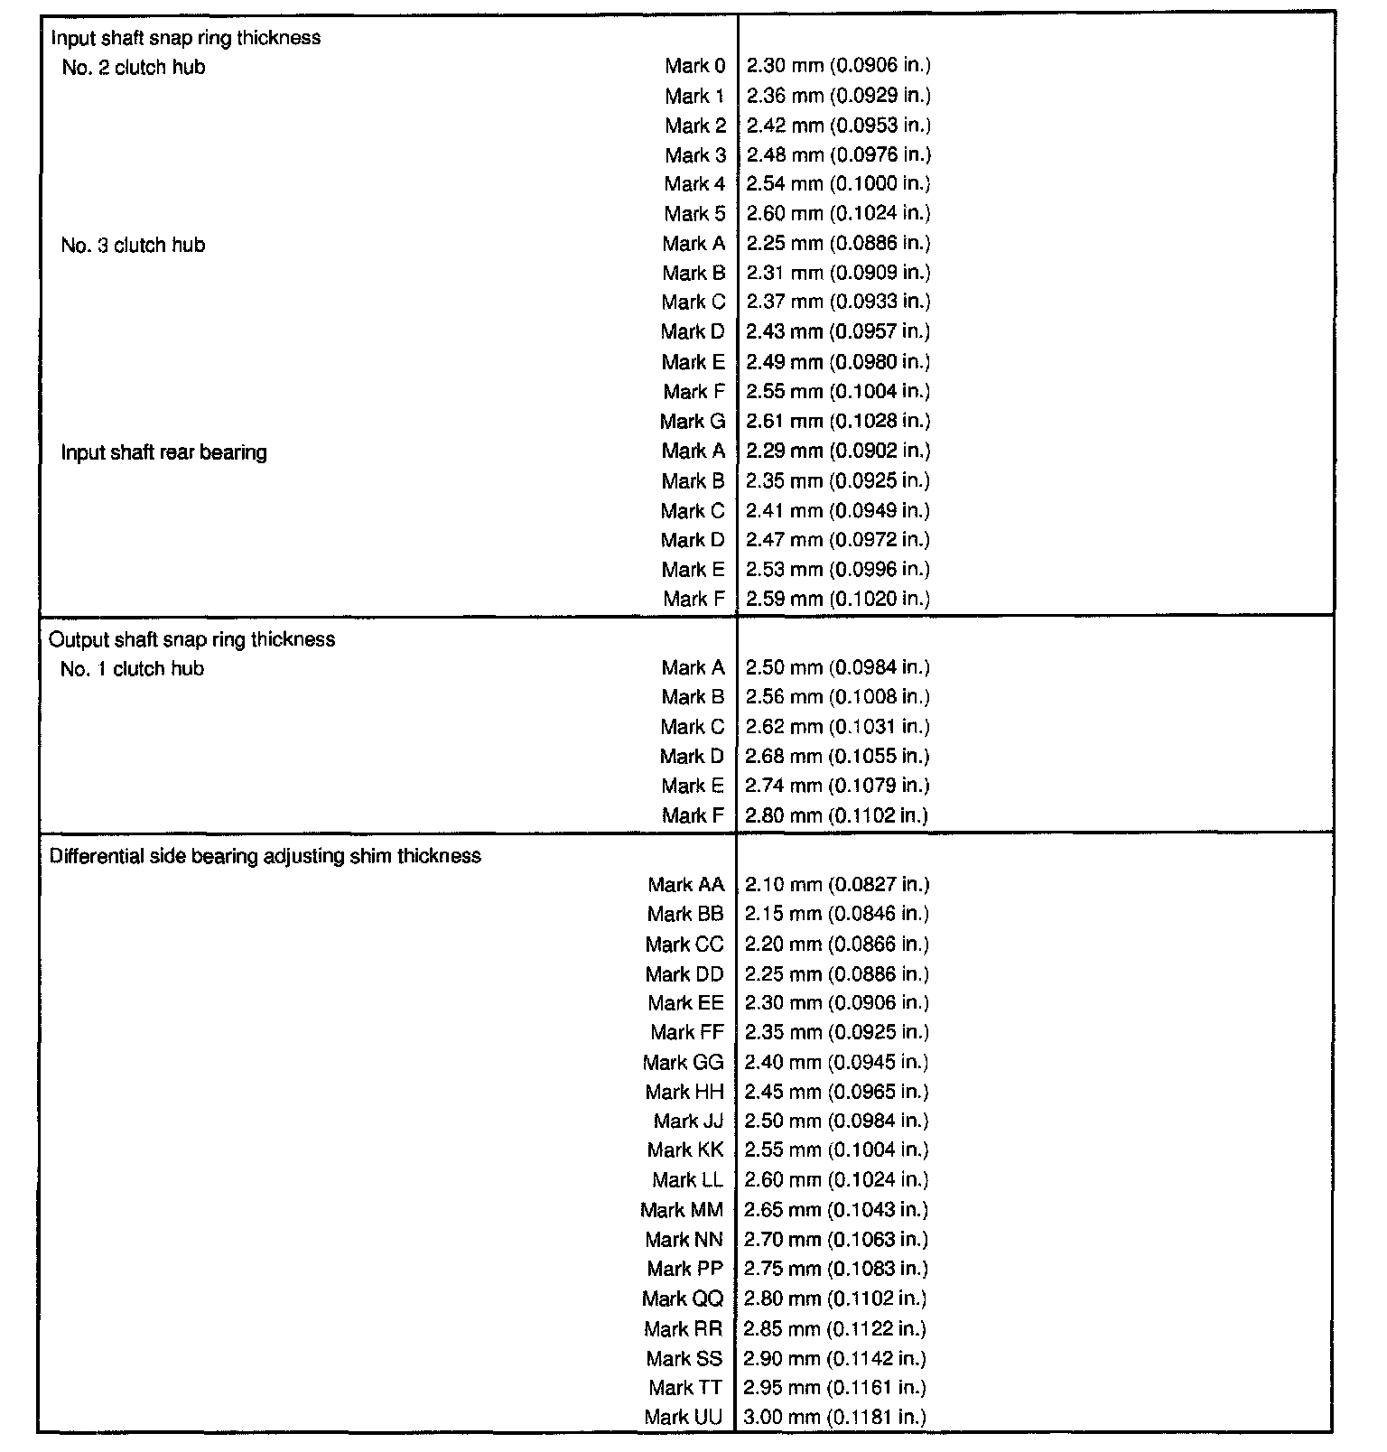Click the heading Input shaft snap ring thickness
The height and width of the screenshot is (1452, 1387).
[185, 38]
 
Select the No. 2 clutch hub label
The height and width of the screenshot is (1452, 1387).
[134, 67]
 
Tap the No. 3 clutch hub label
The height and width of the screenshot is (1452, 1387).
[133, 245]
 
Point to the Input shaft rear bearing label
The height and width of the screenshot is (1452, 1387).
[163, 451]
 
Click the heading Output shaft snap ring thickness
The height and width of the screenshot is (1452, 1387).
[191, 639]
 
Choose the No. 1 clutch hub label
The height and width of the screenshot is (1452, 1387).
[132, 668]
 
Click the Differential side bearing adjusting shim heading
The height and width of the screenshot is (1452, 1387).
[265, 855]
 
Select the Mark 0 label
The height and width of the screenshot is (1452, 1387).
[694, 65]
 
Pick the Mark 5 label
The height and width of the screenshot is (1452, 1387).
[694, 213]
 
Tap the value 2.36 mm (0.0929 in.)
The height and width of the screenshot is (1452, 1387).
[838, 95]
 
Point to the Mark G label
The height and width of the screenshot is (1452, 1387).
[693, 421]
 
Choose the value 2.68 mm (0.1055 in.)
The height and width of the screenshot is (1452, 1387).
[837, 756]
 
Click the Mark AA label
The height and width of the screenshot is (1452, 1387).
[686, 884]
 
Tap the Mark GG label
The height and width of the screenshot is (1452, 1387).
[684, 1062]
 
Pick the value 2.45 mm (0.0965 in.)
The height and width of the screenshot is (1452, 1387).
[836, 1091]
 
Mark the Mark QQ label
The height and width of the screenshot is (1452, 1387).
[683, 1298]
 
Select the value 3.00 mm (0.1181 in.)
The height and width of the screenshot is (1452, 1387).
[835, 1417]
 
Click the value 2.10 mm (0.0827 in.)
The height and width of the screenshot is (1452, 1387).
[837, 884]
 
